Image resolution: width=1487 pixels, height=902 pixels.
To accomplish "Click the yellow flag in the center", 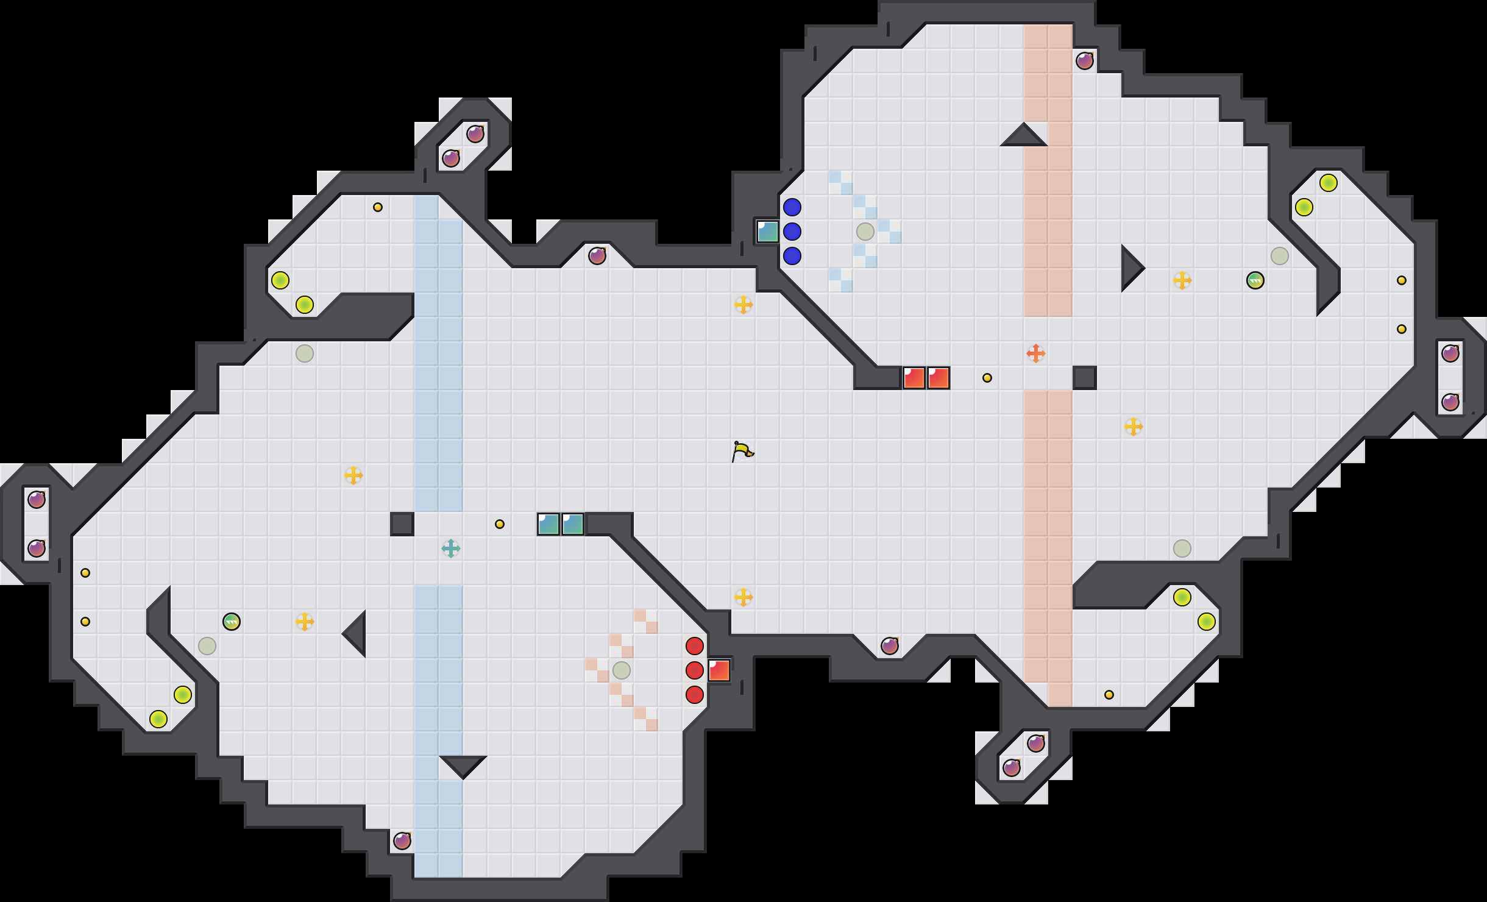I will [x=742, y=452].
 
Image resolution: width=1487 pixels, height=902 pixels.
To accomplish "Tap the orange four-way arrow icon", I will [x=1035, y=353].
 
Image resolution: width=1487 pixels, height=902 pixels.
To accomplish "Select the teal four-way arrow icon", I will [x=450, y=549].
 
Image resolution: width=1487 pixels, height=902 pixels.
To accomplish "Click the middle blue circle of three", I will [x=792, y=232].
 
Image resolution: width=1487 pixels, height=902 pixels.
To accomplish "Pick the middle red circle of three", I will [x=694, y=670].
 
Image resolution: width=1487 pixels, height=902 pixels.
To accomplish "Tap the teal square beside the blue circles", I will [x=767, y=232].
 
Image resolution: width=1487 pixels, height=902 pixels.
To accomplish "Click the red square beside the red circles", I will [x=719, y=670].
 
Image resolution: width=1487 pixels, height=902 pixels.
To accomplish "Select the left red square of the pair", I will [x=914, y=378].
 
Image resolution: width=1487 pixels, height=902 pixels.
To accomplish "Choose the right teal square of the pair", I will [x=572, y=524].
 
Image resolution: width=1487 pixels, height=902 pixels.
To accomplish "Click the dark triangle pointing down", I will [x=463, y=765].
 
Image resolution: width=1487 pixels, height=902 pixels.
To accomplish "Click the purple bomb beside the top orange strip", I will [x=1084, y=61].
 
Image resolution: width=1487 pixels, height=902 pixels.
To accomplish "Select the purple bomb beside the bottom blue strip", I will [x=402, y=841].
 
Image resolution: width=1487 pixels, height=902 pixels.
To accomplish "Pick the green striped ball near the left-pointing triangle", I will [x=231, y=622].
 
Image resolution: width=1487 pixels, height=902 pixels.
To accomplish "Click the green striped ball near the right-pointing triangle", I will [x=1255, y=280].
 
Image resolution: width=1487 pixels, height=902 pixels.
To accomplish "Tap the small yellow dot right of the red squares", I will [x=987, y=378].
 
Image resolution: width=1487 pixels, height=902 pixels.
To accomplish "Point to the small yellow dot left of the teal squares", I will [x=499, y=524].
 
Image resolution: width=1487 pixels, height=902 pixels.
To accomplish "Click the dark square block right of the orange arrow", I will [x=1084, y=378].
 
